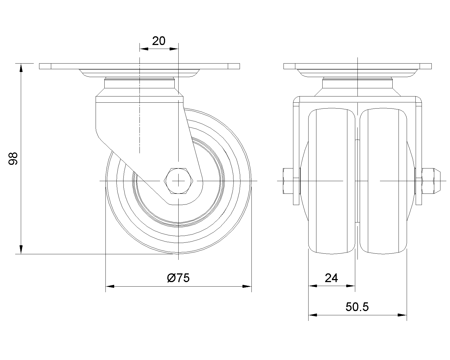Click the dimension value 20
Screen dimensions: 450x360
click(159, 41)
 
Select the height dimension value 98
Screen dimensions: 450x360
click(13, 159)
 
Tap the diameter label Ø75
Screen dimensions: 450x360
click(178, 278)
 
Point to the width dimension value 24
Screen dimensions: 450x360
click(331, 278)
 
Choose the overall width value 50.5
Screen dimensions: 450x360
click(357, 307)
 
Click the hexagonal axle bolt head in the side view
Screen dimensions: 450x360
click(178, 181)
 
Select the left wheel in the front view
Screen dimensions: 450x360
click(332, 181)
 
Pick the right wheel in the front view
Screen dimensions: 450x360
click(383, 181)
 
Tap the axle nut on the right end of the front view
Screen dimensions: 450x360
click(431, 181)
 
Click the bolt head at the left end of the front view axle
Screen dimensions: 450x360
click(288, 181)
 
